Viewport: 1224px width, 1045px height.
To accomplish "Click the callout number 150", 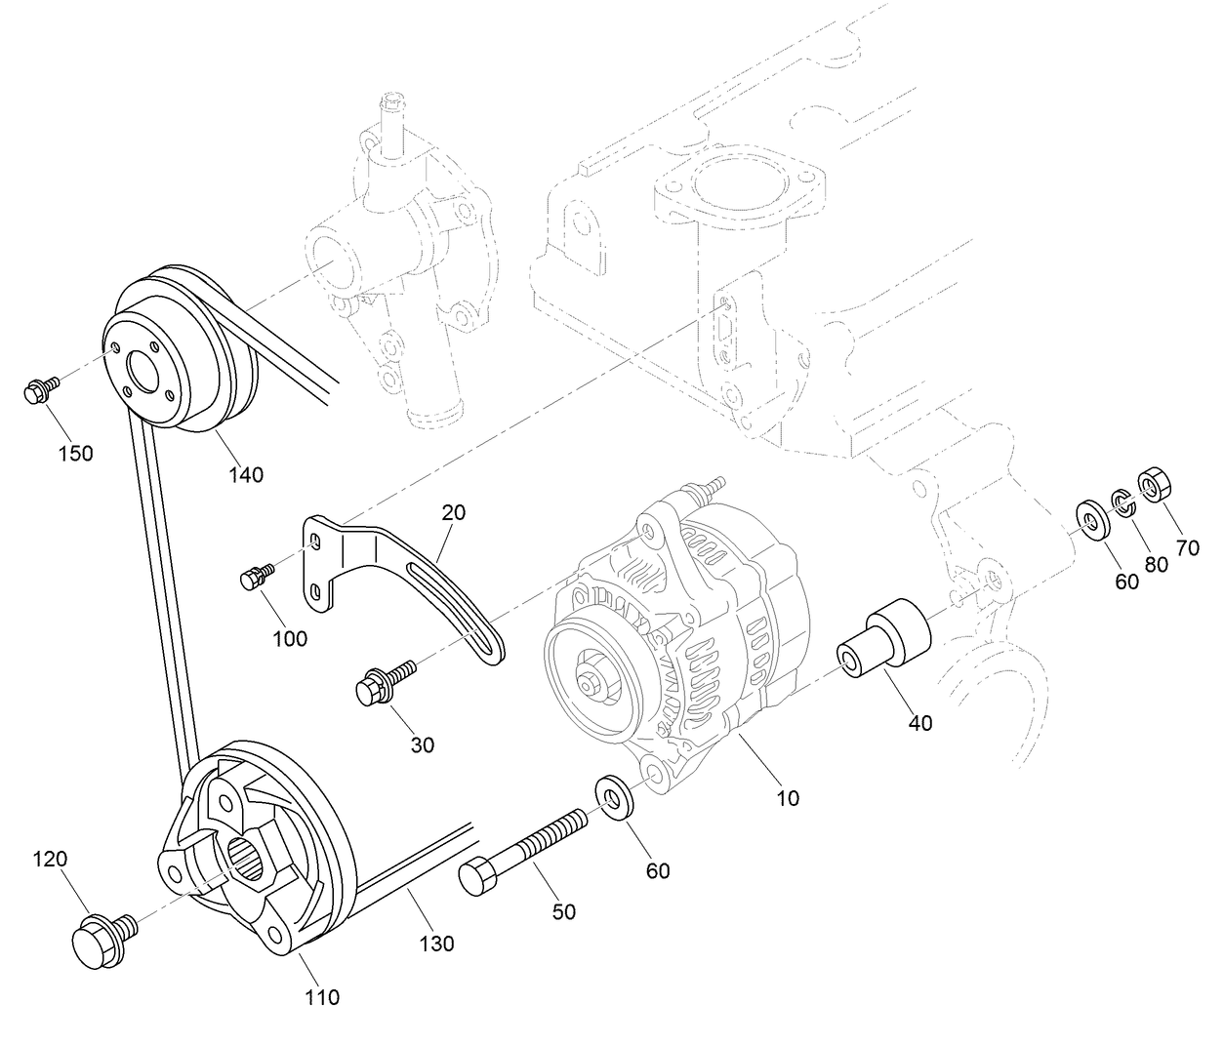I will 75,453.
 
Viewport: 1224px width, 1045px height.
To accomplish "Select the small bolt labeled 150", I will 40,390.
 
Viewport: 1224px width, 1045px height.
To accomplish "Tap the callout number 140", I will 246,475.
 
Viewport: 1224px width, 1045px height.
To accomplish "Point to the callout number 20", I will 453,511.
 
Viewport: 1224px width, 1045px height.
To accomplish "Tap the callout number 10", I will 788,797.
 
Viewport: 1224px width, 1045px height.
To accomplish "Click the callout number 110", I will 322,996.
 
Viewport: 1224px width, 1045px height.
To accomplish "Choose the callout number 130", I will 437,944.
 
